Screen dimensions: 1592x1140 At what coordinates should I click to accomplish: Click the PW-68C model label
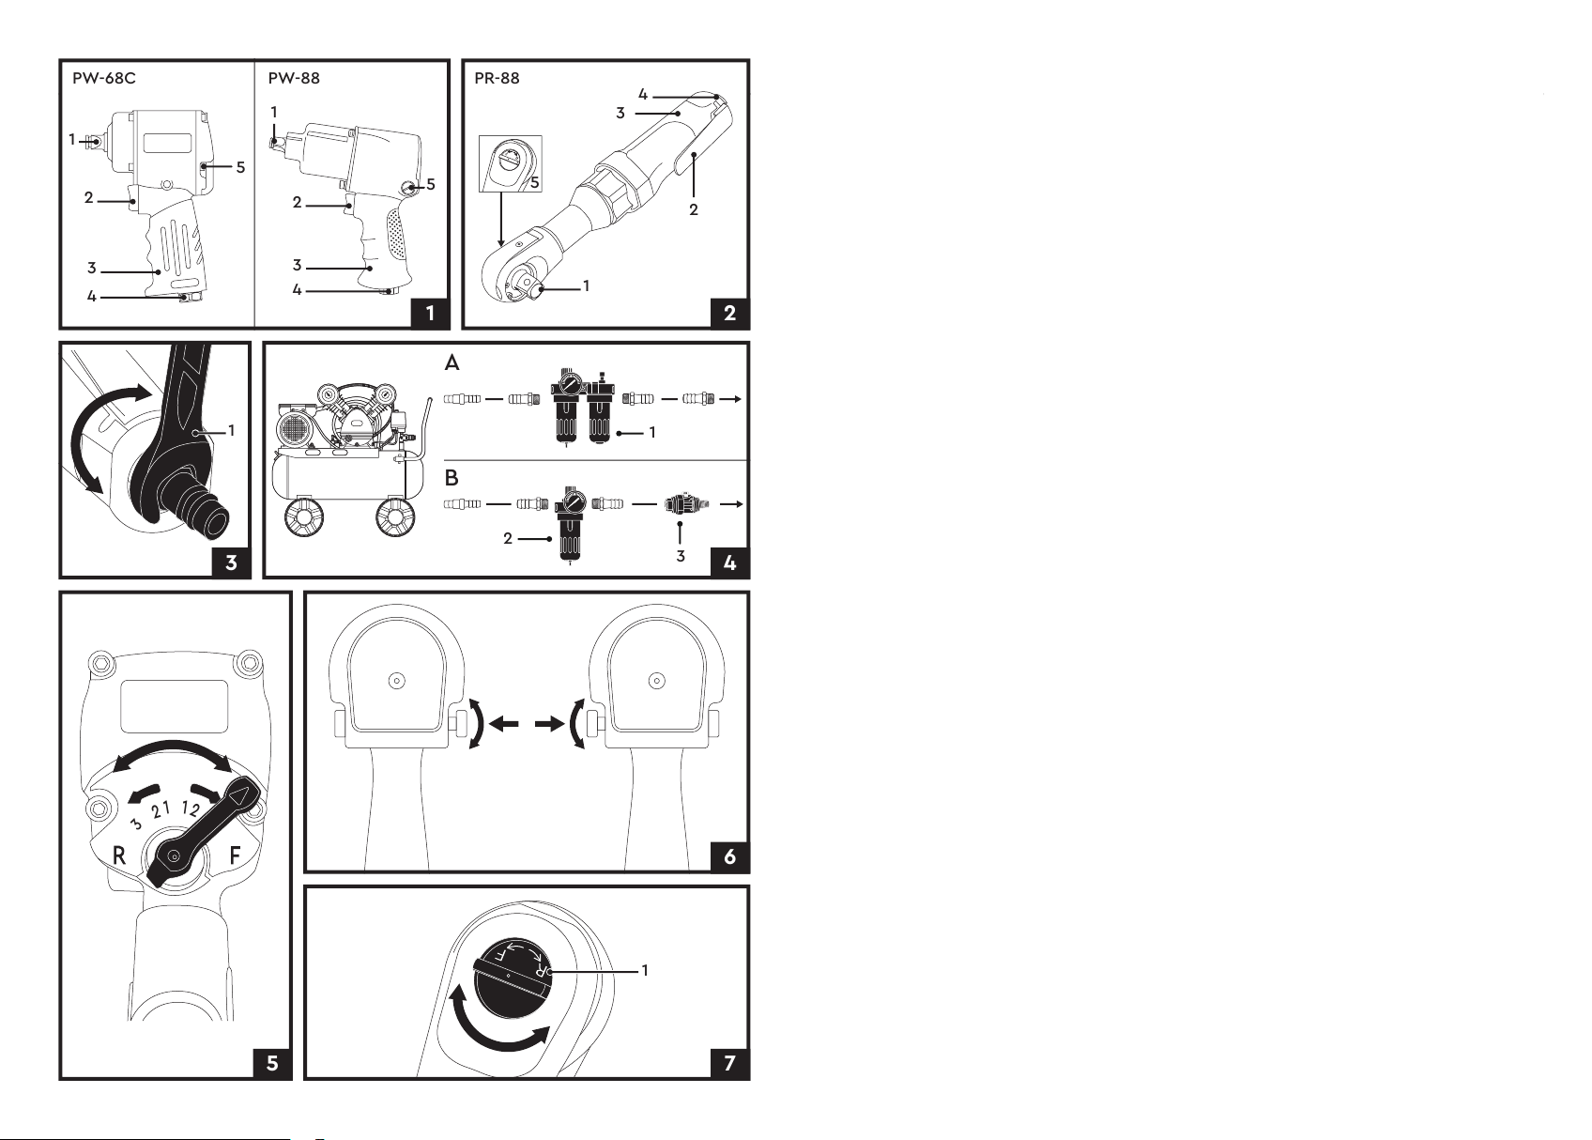104,78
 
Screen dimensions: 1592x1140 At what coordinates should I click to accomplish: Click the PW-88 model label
294,78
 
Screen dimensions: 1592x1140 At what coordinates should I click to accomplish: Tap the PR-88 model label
497,78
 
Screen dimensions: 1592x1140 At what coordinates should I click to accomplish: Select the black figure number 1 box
430,313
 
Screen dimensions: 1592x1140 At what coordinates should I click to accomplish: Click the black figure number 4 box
730,562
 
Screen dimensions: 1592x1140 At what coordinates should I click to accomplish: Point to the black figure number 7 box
730,1062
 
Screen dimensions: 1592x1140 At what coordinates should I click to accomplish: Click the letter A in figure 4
452,362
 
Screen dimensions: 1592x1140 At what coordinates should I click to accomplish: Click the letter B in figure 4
452,478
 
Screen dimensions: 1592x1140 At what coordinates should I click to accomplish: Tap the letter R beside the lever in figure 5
119,855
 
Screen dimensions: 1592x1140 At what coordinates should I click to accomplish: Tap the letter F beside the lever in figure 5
236,855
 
